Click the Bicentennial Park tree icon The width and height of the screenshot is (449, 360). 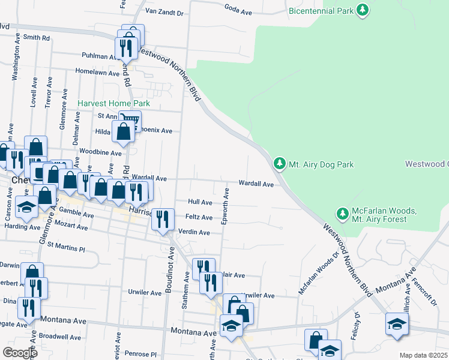(x=362, y=10)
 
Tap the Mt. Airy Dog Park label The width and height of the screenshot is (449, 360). (x=321, y=164)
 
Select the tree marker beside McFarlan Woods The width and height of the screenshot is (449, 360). (x=342, y=213)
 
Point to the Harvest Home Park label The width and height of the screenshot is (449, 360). (x=113, y=103)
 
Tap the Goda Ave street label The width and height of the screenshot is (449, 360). (x=238, y=8)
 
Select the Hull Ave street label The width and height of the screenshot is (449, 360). (x=200, y=203)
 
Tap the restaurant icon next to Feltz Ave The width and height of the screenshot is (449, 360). (x=162, y=218)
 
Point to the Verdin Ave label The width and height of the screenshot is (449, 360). (x=194, y=232)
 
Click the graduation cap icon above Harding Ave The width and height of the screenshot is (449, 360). (x=26, y=207)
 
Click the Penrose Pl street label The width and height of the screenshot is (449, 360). (x=141, y=355)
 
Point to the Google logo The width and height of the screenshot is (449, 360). (x=20, y=353)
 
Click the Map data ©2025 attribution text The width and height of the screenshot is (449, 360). (x=423, y=355)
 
